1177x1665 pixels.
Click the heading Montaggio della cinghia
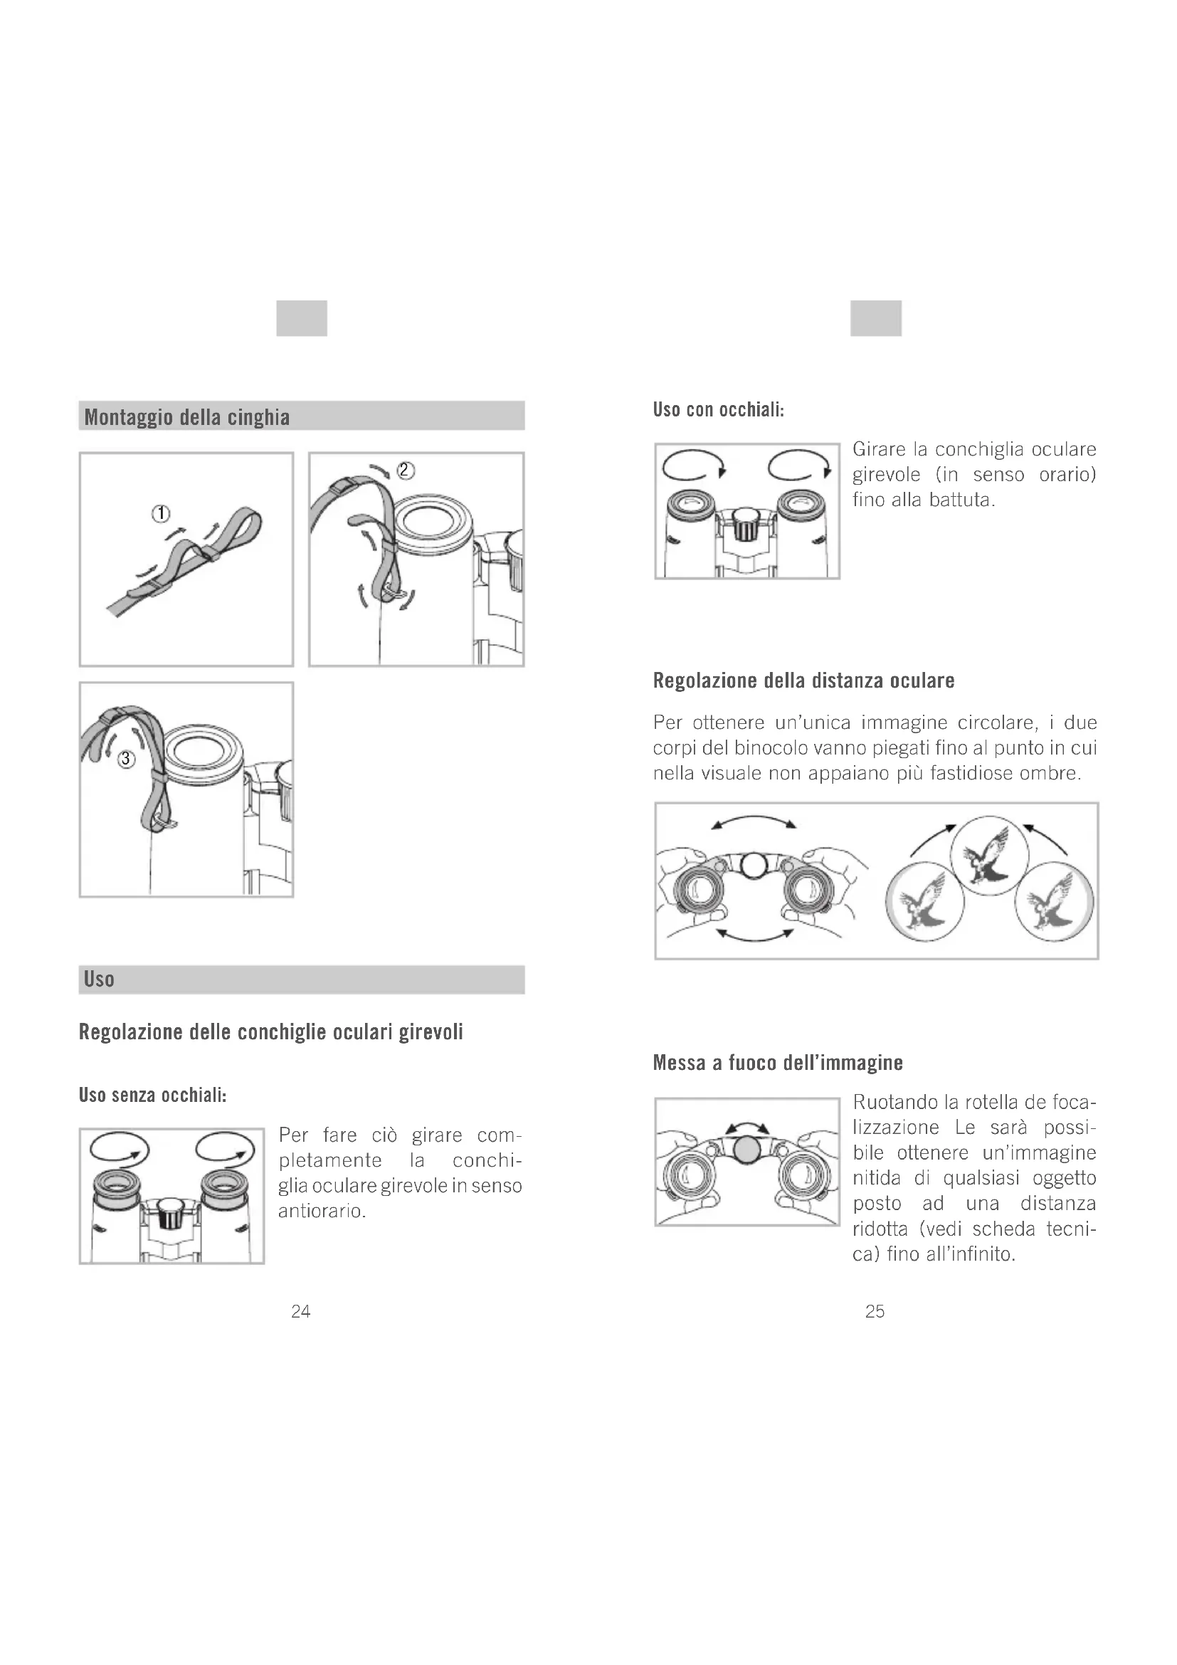pos(187,417)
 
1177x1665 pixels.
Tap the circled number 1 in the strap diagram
pos(160,513)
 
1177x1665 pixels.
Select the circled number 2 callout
pos(406,471)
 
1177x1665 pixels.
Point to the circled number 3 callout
pos(127,760)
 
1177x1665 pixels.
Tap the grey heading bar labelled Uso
pos(302,979)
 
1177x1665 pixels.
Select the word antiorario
pos(321,1211)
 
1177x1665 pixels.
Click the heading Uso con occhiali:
pos(718,410)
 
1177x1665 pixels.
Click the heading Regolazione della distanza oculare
pos(803,681)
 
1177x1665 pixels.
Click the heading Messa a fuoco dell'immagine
pos(778,1063)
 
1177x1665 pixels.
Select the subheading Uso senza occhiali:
pos(153,1095)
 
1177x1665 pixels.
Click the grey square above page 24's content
pos(302,318)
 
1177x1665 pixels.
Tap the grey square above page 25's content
pos(875,318)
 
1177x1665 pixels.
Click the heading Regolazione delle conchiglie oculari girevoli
pos(270,1032)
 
